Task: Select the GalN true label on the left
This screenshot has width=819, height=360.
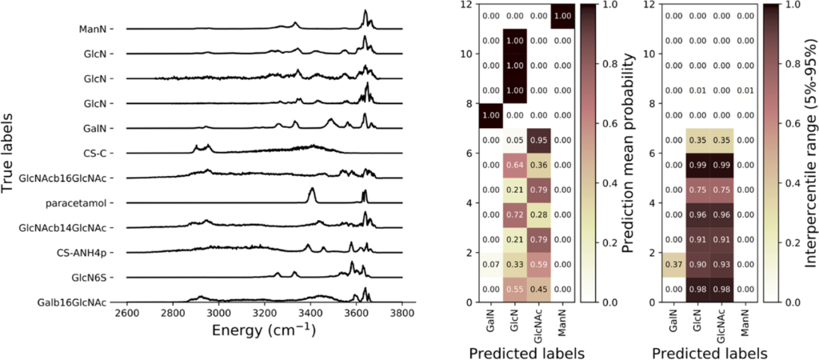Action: coord(98,128)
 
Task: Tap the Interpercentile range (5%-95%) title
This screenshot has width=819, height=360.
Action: coord(805,152)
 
